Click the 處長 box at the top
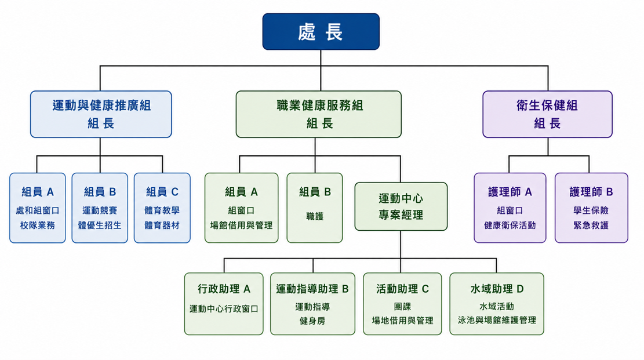click(x=321, y=32)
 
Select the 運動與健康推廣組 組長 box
click(x=101, y=114)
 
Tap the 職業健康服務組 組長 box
click(x=319, y=114)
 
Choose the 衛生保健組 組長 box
click(x=547, y=114)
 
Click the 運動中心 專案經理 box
click(x=401, y=206)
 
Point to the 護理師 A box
click(x=510, y=208)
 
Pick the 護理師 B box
click(x=591, y=208)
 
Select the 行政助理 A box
click(x=224, y=304)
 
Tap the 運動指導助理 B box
click(x=312, y=304)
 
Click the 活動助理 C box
click(x=402, y=304)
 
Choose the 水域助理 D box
click(x=497, y=304)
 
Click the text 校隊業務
click(x=37, y=225)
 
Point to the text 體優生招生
click(x=100, y=225)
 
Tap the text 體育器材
click(x=162, y=225)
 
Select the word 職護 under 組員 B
click(x=315, y=216)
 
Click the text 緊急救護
click(x=591, y=225)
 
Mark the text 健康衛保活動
click(x=510, y=225)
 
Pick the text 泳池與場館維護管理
click(x=497, y=320)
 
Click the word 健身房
click(x=312, y=321)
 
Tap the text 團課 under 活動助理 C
click(x=402, y=307)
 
